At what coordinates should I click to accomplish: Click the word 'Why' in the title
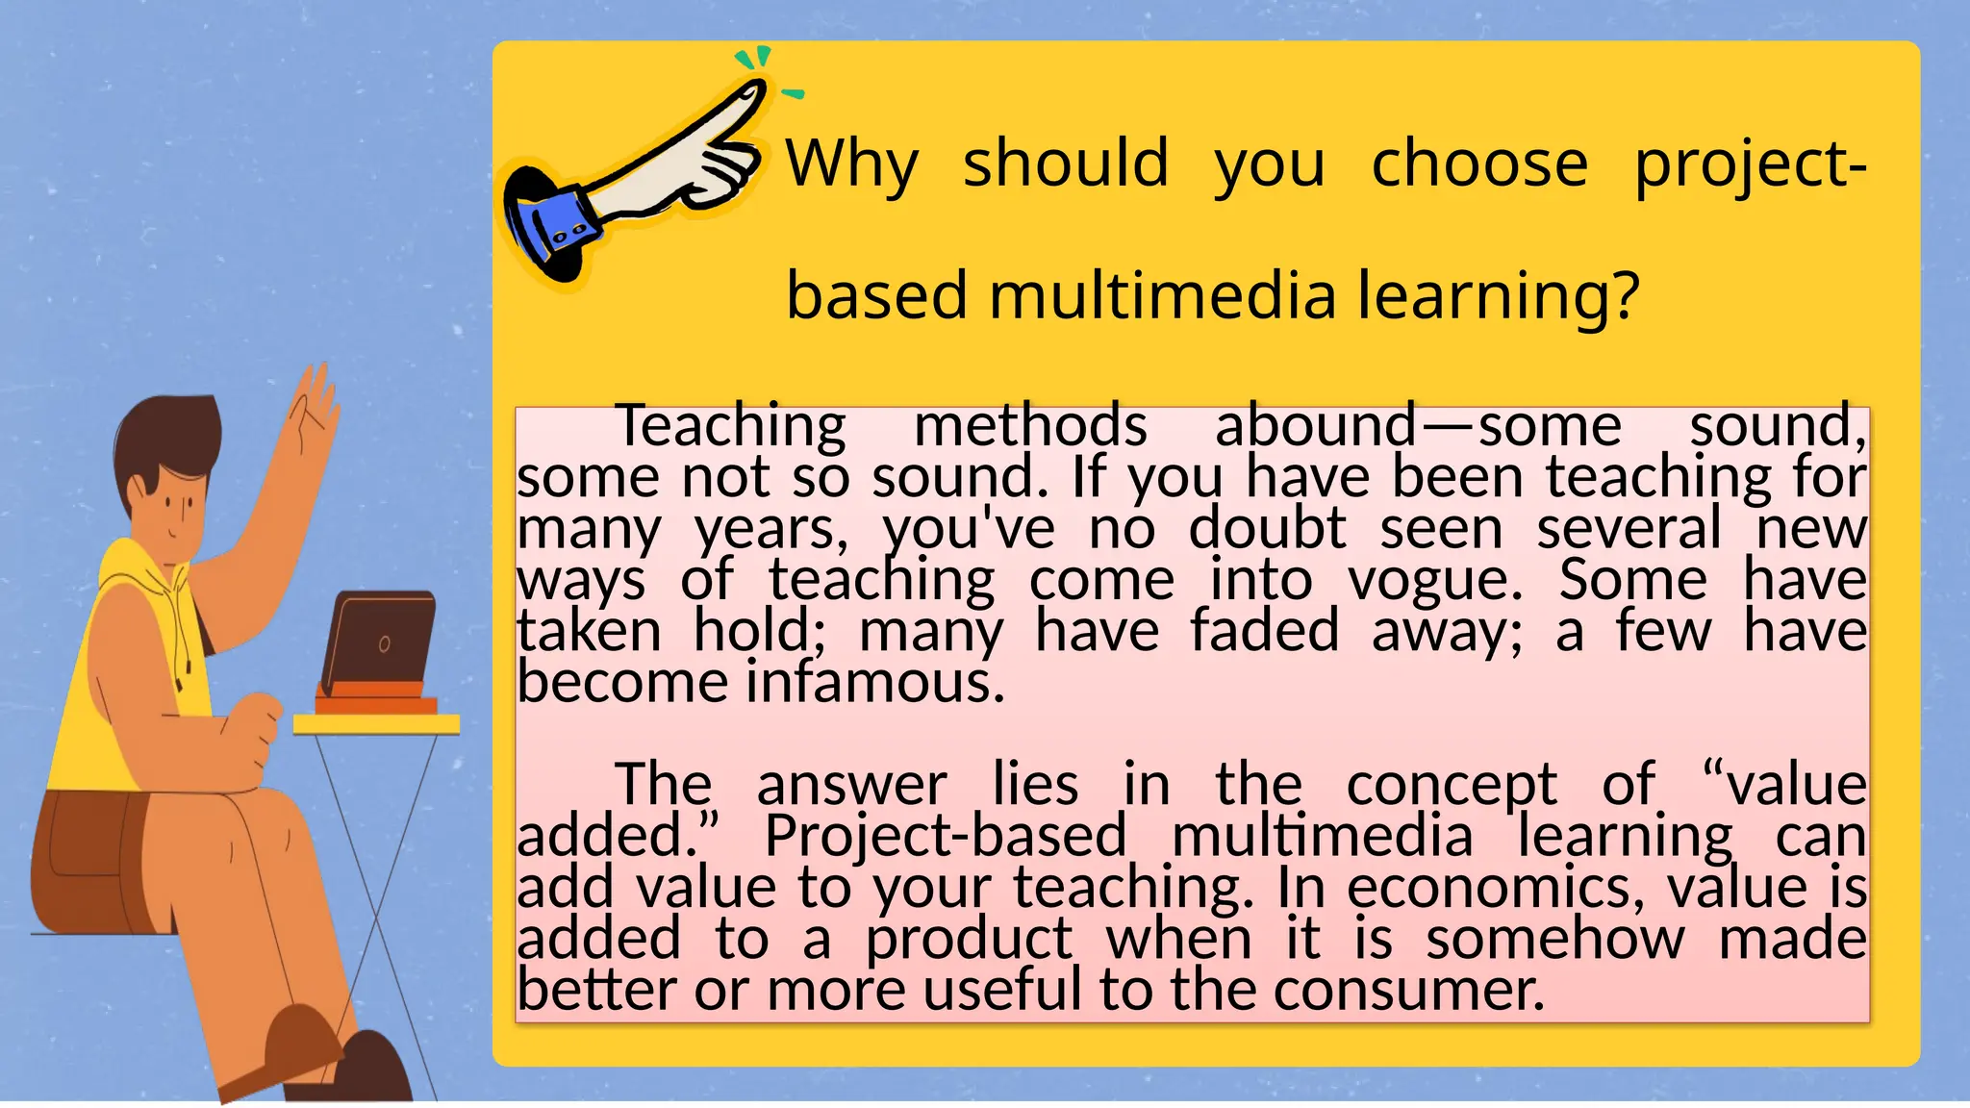tap(851, 164)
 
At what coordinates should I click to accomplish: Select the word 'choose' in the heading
tap(1479, 163)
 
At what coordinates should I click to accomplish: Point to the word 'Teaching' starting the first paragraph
tap(730, 426)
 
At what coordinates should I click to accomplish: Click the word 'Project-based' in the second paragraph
tap(945, 835)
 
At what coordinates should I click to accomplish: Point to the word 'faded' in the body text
tap(1264, 632)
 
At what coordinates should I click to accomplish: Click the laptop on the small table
tap(378, 640)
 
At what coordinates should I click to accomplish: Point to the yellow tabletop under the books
tap(376, 724)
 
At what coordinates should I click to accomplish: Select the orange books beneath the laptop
tap(376, 699)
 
